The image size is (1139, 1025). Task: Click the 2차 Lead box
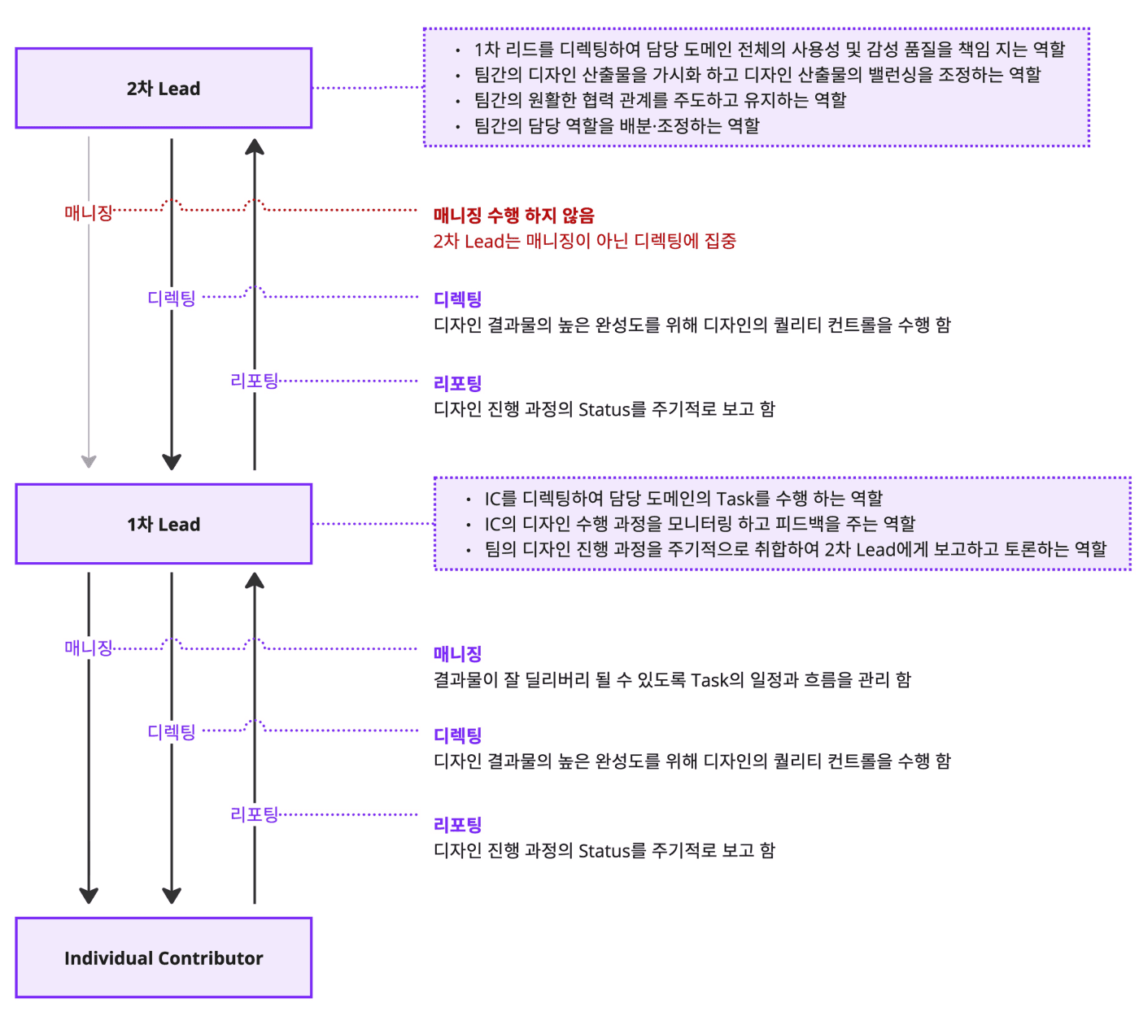click(164, 89)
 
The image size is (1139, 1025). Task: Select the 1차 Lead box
click(164, 525)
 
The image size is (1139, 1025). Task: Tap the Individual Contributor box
click(164, 958)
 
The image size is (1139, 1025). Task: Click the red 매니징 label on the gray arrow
click(88, 213)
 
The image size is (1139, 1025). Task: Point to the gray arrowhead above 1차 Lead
click(89, 461)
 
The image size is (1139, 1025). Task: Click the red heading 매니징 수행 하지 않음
click(513, 216)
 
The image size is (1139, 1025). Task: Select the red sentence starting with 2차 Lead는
click(584, 242)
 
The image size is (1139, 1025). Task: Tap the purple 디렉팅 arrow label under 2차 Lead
click(172, 299)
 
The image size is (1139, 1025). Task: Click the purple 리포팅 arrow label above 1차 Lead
click(255, 381)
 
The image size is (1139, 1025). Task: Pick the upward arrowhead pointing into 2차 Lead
click(255, 147)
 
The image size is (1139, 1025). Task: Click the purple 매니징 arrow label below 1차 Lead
click(88, 648)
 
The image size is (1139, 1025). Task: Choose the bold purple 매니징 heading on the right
click(457, 654)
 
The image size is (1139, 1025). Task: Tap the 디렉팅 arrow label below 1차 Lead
click(172, 732)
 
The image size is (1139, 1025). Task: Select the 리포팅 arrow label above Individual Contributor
click(255, 814)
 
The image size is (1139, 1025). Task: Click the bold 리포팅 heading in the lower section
click(457, 825)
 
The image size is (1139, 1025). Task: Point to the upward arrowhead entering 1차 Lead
click(255, 581)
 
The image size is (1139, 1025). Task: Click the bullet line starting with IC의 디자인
click(700, 524)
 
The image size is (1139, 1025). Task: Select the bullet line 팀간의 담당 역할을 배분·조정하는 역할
click(616, 126)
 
